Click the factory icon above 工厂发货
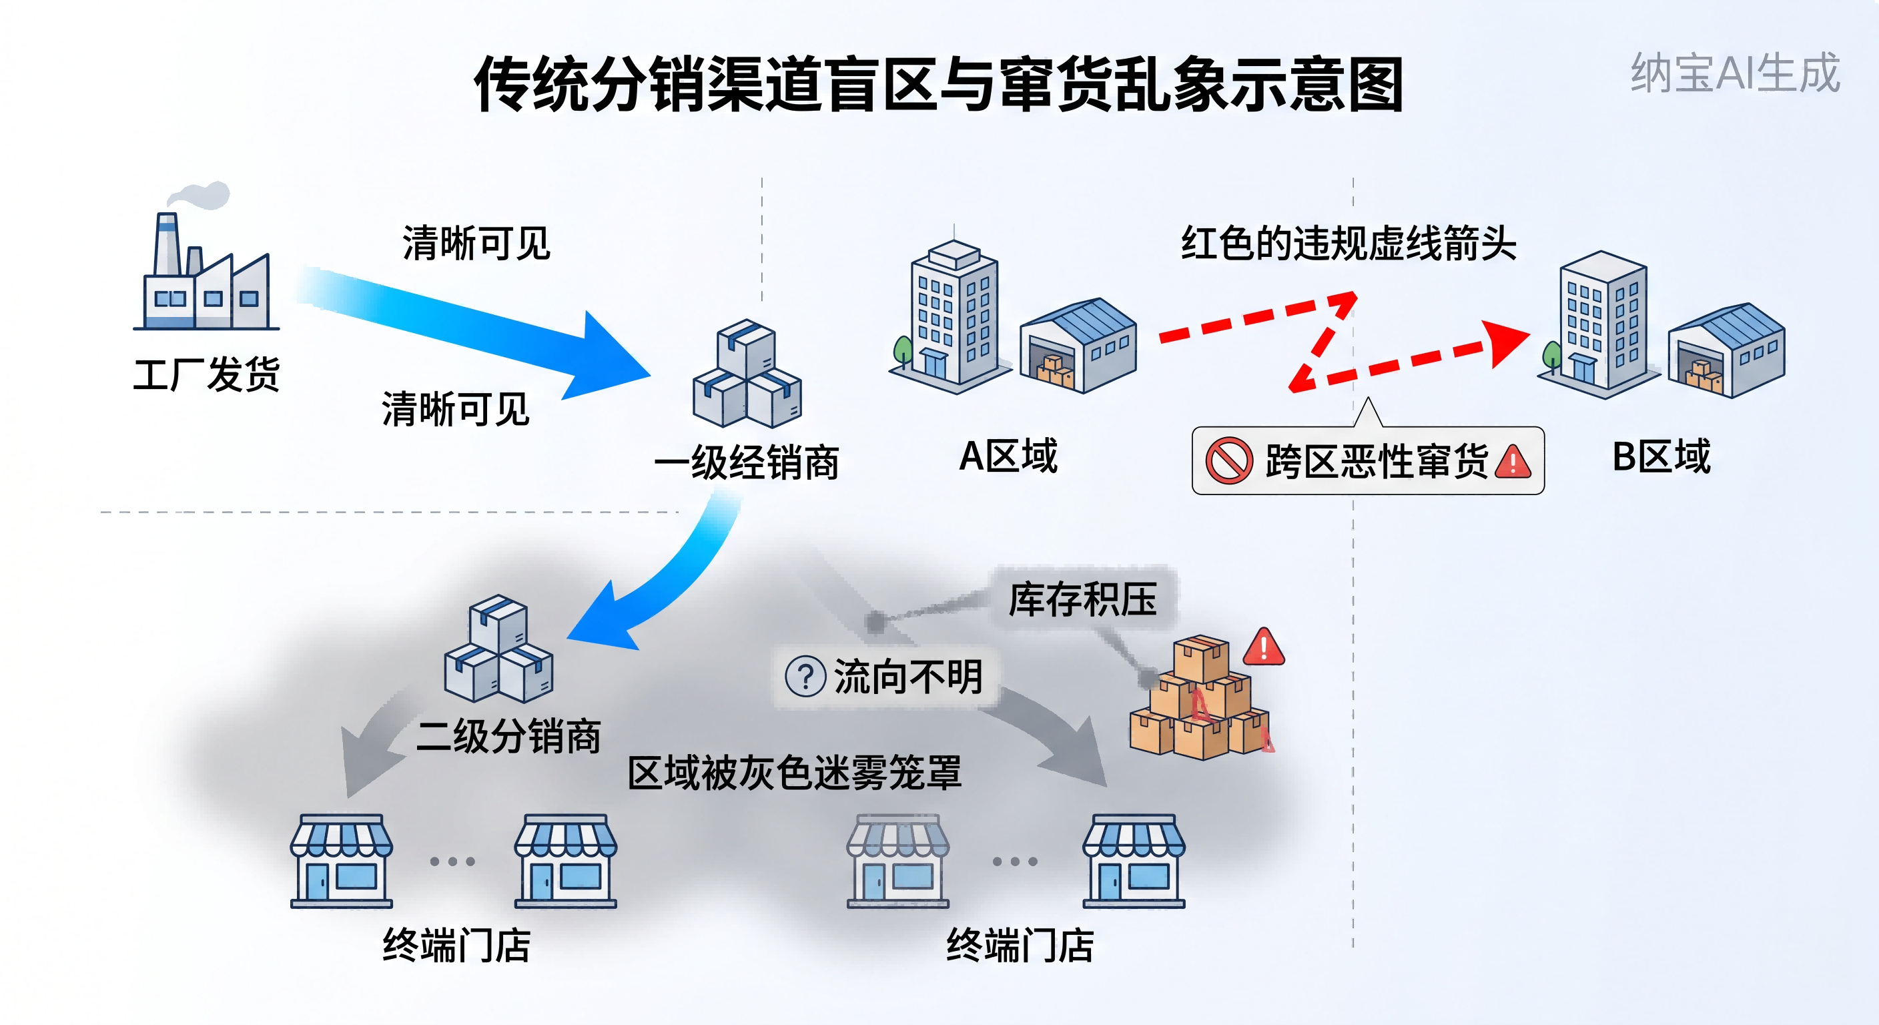206,270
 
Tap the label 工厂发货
206,375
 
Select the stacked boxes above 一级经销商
747,374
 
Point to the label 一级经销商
747,462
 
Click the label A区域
1008,456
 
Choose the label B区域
1661,456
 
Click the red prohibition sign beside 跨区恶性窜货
1228,460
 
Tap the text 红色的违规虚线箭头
1349,243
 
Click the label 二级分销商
508,735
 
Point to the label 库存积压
1082,600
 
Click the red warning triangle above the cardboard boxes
1263,647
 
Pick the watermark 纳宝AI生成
1736,73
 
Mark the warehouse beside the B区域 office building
1728,350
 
